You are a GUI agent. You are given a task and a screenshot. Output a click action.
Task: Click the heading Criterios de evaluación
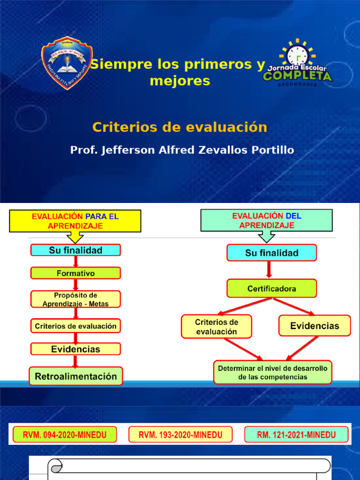180,127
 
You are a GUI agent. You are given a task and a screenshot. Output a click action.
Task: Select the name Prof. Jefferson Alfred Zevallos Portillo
182,150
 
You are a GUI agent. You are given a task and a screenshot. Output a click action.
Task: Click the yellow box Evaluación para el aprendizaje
75,221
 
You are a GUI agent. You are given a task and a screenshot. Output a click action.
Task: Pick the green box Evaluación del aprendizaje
267,221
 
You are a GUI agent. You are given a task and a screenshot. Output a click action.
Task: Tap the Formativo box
75,273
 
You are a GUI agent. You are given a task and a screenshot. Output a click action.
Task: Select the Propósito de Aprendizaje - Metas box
75,299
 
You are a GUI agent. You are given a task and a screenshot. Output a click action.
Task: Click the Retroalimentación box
75,376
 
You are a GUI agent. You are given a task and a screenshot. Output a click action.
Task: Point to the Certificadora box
271,289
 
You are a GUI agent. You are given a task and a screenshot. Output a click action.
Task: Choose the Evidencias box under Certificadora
315,326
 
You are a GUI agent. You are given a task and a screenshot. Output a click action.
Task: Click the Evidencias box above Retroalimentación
75,349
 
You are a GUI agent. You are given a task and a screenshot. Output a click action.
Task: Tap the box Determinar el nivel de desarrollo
272,373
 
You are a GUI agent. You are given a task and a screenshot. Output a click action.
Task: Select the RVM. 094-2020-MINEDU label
65,435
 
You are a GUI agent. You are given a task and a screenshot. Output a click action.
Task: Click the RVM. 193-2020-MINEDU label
180,435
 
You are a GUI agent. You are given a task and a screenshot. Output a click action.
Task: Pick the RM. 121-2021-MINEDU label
296,435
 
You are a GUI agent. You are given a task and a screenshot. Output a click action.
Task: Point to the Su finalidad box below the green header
271,253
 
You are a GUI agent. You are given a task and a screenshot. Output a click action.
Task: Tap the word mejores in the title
180,81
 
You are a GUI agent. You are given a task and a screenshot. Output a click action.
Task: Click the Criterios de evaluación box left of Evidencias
216,326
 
